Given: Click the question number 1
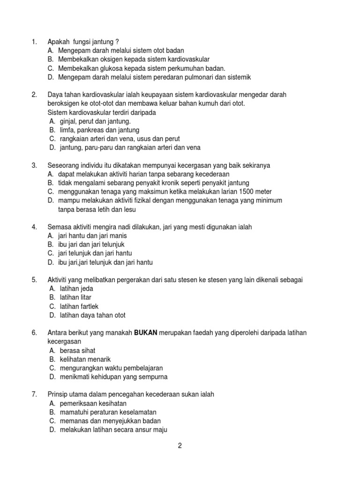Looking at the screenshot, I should tap(34, 42).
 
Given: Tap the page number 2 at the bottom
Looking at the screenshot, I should tap(180, 446).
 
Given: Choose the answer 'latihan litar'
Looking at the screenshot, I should tap(75, 298).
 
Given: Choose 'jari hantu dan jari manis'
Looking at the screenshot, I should tap(92, 236).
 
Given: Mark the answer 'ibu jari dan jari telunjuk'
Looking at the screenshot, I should tap(91, 245).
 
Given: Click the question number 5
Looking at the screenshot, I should tap(34, 280).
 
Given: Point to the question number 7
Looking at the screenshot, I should tap(34, 395).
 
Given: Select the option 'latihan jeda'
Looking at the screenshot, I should tap(76, 289).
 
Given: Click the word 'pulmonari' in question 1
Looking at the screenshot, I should tap(196, 77).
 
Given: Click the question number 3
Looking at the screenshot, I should tap(34, 165).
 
